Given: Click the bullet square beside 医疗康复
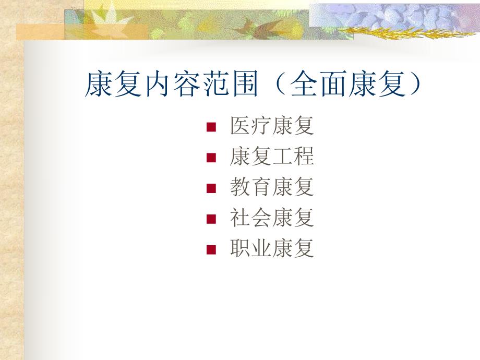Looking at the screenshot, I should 211,127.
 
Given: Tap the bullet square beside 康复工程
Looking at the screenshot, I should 211,158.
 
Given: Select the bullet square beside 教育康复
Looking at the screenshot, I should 211,188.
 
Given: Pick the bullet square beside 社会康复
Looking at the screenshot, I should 211,219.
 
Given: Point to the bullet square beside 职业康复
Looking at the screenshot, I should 211,249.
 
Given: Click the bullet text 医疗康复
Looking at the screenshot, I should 271,127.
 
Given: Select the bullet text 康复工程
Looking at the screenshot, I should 271,157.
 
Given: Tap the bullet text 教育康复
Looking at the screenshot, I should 271,187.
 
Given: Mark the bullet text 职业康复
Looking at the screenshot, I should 271,248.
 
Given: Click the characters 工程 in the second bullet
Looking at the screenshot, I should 293,157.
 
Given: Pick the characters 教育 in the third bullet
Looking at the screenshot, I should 250,187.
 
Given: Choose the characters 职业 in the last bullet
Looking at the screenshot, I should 250,248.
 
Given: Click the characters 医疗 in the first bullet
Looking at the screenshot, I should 250,127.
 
